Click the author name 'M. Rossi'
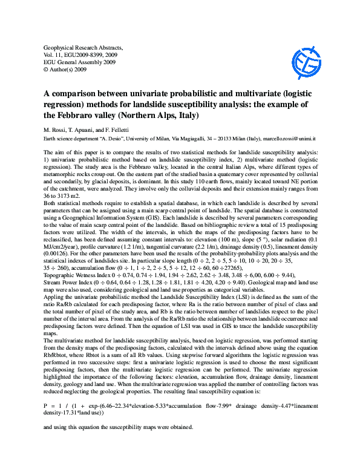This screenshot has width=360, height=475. click(56, 131)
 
